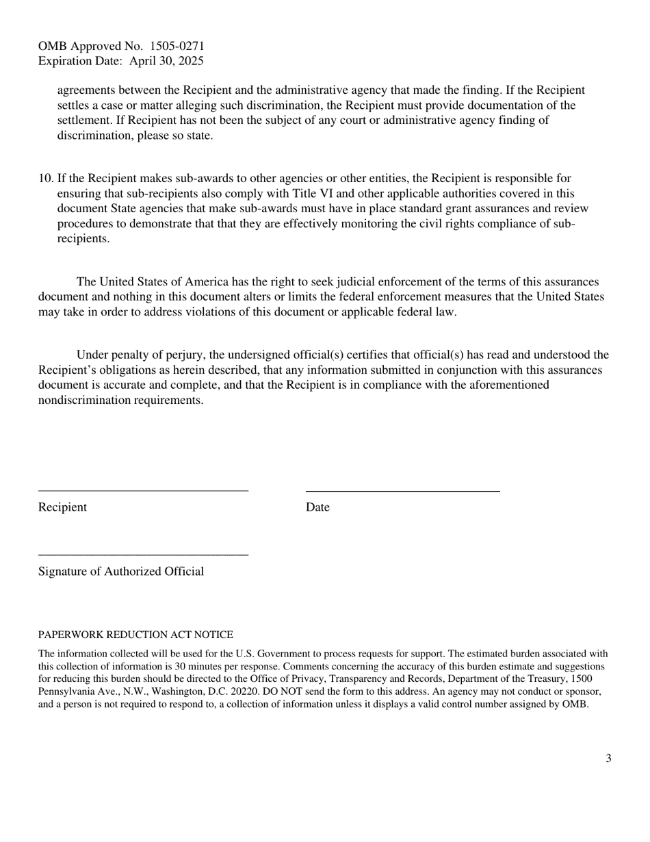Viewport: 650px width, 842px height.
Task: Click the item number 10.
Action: point(46,179)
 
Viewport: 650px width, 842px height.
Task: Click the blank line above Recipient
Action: point(143,490)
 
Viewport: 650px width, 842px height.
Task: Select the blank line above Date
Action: point(402,491)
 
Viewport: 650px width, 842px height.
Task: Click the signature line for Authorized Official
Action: point(143,554)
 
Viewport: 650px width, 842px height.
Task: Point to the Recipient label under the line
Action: point(62,507)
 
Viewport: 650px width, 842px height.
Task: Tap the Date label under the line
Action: point(317,507)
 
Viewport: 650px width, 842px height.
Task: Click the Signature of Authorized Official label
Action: point(121,572)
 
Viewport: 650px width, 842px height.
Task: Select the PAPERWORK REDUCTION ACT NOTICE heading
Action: point(135,635)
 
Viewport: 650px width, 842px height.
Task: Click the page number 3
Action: point(608,758)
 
